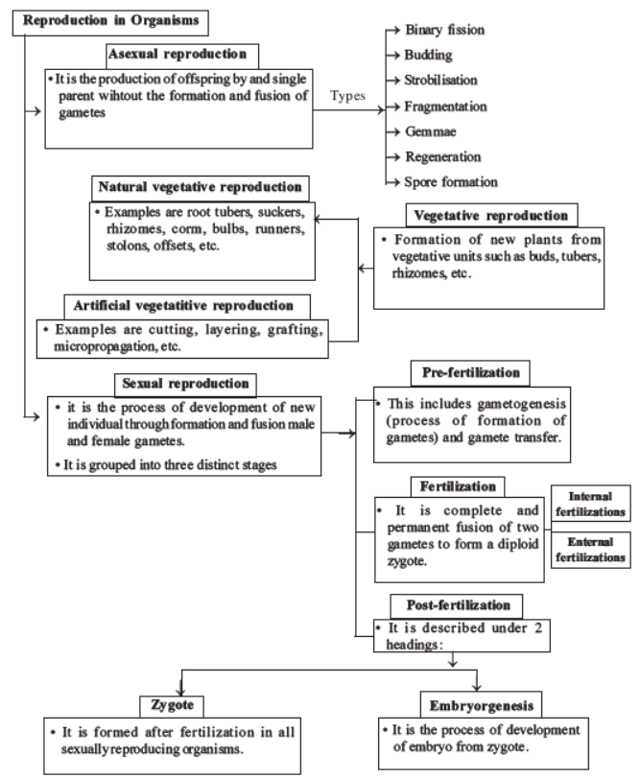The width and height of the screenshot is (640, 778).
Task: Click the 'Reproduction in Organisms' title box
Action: pyautogui.click(x=105, y=20)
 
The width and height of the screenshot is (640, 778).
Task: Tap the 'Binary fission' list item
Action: pyautogui.click(x=443, y=30)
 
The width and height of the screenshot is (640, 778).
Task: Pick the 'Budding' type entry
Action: pyautogui.click(x=430, y=55)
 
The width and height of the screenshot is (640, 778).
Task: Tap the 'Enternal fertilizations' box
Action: pyautogui.click(x=589, y=549)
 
